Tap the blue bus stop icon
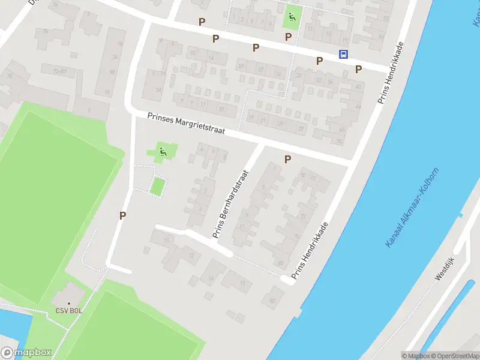pos(343,54)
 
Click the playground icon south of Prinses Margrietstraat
pos(162,152)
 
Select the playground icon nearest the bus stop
pos(292,17)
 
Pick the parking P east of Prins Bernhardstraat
pos(287,159)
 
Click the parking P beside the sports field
pos(122,216)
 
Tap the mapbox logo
pos(25,353)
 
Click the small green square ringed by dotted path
pos(157,186)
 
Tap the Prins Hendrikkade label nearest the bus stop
pos(391,73)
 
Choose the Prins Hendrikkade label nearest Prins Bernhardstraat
pos(310,251)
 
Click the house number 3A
pos(158,90)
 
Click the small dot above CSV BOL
pos(68,304)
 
